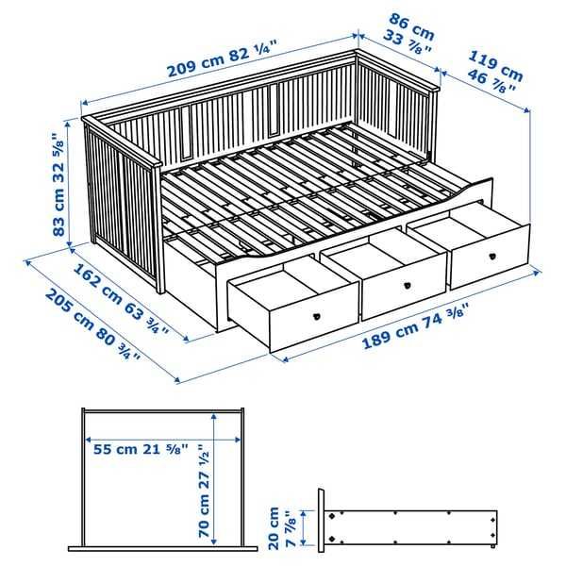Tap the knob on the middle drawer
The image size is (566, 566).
click(408, 286)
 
